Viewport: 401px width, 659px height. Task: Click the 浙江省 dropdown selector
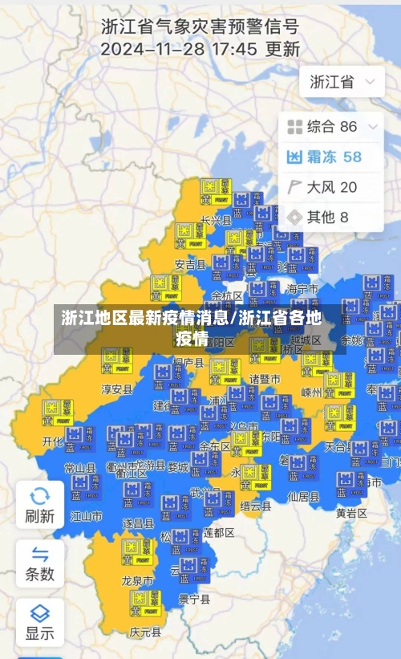(341, 82)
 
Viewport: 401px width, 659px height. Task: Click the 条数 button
(39, 563)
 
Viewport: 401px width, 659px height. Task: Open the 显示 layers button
(39, 621)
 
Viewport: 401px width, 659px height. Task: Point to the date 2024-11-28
(149, 49)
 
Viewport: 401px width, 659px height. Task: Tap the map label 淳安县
(116, 388)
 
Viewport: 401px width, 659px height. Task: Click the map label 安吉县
(190, 264)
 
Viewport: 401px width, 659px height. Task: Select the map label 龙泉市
(137, 580)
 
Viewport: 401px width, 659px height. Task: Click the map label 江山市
(87, 516)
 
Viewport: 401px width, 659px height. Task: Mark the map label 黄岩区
(350, 513)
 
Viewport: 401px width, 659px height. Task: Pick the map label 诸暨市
(265, 378)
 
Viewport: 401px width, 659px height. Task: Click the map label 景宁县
(194, 599)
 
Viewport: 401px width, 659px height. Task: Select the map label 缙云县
(255, 506)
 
